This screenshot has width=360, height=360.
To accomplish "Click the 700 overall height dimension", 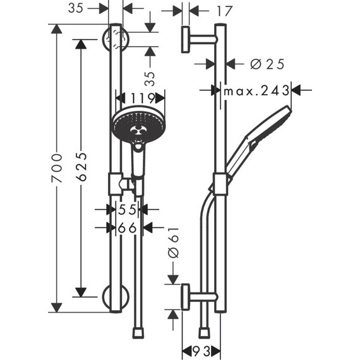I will point(57,168).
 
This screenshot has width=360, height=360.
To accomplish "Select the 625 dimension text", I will point(81,167).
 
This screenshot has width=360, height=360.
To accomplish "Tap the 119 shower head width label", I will point(140,97).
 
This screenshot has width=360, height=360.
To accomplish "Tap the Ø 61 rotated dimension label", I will point(176,243).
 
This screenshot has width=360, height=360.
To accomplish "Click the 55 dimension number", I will point(128,210).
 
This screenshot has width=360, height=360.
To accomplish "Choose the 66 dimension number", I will point(128,228).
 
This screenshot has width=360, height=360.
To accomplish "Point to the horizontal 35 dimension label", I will point(76,8).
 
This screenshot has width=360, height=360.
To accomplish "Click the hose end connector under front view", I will point(138,332).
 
